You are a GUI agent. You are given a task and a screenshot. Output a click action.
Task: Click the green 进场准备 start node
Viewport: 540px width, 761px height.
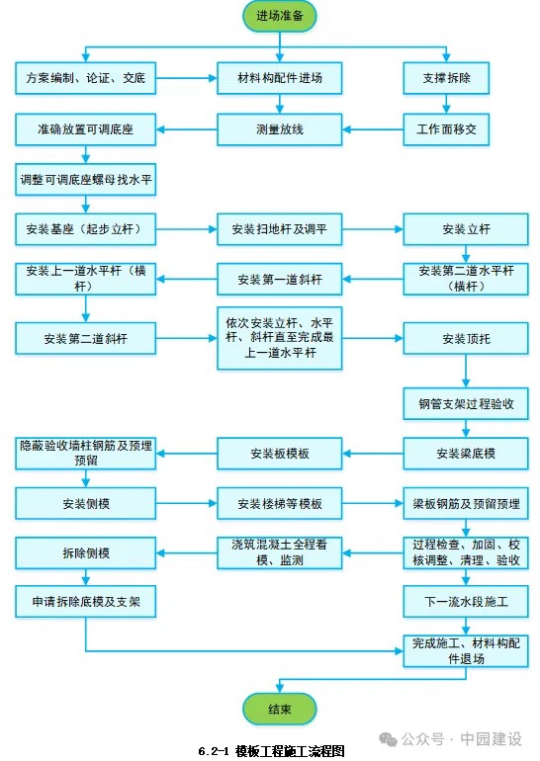coord(280,17)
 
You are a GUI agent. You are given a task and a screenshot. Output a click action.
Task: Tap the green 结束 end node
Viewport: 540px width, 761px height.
coord(280,709)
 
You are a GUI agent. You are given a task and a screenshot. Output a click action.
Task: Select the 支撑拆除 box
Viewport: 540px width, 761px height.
coord(446,78)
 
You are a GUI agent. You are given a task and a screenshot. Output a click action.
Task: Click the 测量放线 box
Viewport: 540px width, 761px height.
coord(280,129)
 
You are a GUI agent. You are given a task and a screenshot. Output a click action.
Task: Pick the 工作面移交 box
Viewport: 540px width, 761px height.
coord(446,129)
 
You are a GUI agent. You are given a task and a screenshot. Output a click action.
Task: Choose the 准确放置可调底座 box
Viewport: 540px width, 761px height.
coord(85,129)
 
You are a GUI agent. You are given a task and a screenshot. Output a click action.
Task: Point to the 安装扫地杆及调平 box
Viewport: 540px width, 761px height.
coord(280,229)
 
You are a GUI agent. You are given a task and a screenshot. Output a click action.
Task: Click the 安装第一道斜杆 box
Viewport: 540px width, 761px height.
coord(280,279)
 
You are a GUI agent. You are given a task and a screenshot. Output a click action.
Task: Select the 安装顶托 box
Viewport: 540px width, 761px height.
coord(466,338)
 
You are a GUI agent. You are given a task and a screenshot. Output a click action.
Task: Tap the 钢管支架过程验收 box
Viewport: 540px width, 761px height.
coord(466,403)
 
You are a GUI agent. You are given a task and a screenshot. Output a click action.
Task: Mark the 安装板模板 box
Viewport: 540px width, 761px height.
coord(280,454)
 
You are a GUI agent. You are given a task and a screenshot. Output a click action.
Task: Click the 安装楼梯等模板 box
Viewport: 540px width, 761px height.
coord(280,504)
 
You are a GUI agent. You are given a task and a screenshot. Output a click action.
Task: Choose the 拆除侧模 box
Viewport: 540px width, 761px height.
coord(85,552)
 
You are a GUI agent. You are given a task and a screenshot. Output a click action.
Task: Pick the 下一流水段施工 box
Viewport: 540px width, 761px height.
coord(466,602)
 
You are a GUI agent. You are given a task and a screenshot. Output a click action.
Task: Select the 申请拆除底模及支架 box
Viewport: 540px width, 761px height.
coord(85,602)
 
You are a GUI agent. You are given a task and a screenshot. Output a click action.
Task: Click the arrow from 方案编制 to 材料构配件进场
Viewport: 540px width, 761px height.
coord(187,78)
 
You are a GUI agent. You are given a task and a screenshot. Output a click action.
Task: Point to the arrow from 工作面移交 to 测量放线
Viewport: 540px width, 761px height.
coord(373,129)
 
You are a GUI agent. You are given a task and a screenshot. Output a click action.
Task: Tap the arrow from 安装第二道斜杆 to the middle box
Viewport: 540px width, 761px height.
coord(187,338)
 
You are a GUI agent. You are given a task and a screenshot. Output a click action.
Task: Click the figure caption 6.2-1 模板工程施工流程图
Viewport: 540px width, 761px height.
coord(271,751)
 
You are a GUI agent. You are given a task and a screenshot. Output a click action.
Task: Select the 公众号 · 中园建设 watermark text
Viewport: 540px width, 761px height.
coord(451,739)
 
